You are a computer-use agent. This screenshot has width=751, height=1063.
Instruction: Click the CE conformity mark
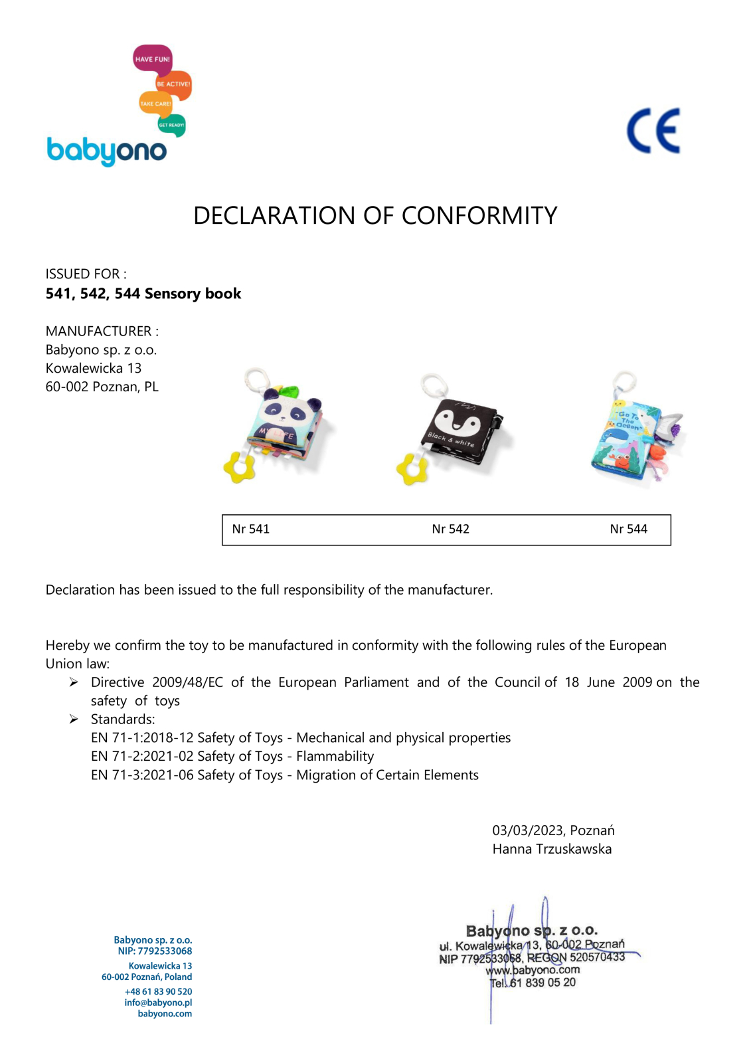[x=653, y=131]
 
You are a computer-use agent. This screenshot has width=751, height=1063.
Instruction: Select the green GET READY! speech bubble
[x=171, y=125]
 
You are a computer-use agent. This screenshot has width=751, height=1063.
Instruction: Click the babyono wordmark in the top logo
[x=106, y=151]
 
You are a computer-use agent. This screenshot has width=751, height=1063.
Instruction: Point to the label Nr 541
[x=250, y=530]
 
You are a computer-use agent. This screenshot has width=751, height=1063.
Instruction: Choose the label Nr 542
[x=450, y=530]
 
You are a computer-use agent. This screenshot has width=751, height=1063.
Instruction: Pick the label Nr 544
[x=628, y=530]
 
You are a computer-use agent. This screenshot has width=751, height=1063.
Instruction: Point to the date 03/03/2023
[x=528, y=830]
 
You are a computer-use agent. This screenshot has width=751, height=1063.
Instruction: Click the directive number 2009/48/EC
[x=187, y=682]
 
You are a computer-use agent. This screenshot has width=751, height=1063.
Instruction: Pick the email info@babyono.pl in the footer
[x=158, y=1003]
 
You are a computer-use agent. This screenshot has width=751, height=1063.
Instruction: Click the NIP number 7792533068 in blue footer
[x=165, y=951]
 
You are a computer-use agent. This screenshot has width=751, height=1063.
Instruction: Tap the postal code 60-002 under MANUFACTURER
[x=66, y=387]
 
